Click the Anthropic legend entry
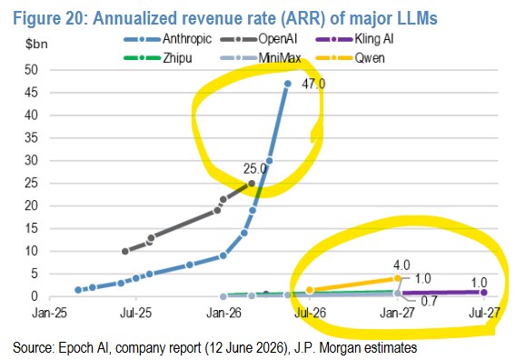click(x=168, y=39)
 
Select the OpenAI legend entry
click(x=259, y=39)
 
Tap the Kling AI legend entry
click(x=354, y=39)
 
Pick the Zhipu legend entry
click(x=158, y=58)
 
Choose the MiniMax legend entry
click(x=261, y=58)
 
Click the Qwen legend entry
click(x=350, y=58)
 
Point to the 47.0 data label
click(x=313, y=84)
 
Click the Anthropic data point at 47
click(x=288, y=84)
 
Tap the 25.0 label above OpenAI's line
click(x=255, y=169)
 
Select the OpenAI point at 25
click(x=252, y=184)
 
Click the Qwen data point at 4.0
click(x=398, y=278)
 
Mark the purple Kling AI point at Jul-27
click(x=483, y=292)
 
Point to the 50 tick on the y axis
click(x=32, y=70)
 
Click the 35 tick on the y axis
click(x=32, y=137)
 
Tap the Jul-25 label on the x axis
click(x=136, y=313)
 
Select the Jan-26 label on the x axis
click(x=223, y=313)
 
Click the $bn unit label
click(x=36, y=44)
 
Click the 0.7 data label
click(x=429, y=301)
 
